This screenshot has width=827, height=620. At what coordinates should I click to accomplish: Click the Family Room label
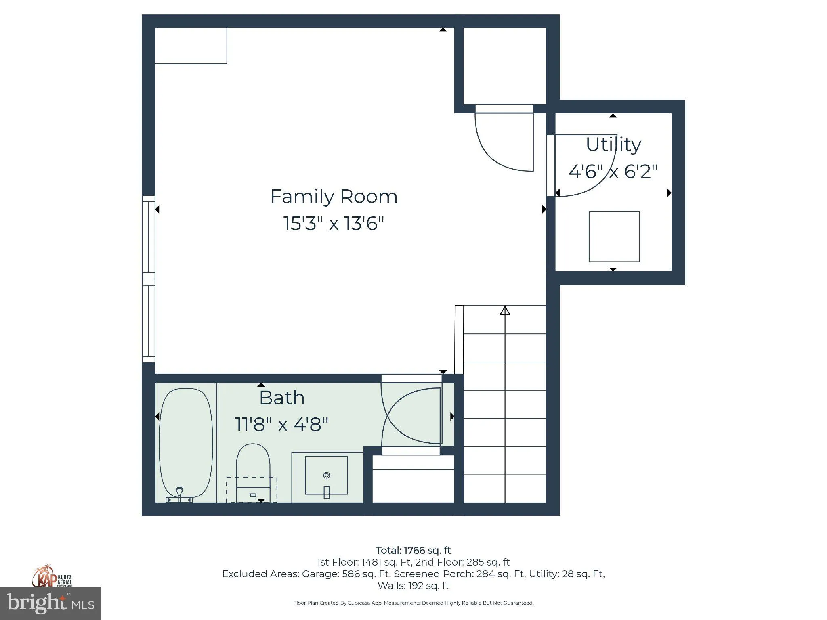click(x=334, y=197)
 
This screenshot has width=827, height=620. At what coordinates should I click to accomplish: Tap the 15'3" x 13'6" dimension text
click(x=334, y=223)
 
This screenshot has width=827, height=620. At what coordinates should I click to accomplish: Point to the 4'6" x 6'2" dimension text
click(x=613, y=171)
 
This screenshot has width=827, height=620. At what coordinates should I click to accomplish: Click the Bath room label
click(x=282, y=398)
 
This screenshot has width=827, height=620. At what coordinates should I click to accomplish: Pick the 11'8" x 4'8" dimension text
click(x=281, y=425)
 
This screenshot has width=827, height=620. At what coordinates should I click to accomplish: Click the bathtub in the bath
click(x=186, y=443)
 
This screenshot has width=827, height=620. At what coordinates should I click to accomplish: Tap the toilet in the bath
click(x=253, y=472)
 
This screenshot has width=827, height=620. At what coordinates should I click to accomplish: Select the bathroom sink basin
click(x=327, y=475)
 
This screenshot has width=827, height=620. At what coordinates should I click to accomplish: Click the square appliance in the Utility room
click(x=614, y=237)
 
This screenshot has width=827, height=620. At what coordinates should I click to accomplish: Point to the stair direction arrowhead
click(x=505, y=310)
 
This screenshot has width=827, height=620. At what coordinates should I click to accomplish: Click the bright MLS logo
click(x=50, y=603)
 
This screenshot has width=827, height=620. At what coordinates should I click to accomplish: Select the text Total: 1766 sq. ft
click(x=413, y=550)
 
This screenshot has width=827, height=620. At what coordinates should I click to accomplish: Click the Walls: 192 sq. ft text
click(x=413, y=586)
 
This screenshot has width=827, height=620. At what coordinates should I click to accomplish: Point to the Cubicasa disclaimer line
click(x=413, y=603)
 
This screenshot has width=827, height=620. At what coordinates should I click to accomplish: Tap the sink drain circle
click(x=327, y=475)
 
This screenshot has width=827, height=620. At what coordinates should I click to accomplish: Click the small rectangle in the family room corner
click(x=191, y=46)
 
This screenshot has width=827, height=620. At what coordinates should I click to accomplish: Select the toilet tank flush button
click(x=253, y=495)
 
